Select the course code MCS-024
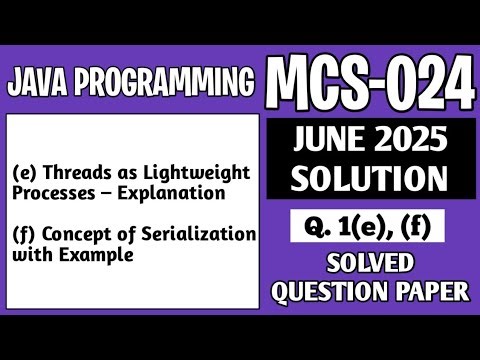coord(371,78)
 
